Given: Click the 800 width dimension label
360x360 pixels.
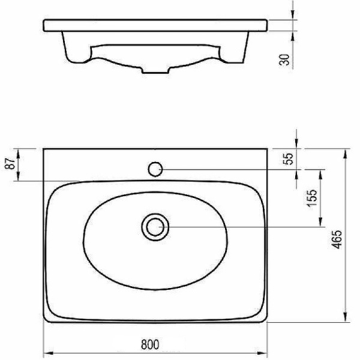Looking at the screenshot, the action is point(149,344).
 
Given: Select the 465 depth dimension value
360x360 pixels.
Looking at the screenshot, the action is point(337,239).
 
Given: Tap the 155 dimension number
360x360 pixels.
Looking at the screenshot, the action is point(312,199).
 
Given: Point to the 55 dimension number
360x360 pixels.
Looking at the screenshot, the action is point(288,159).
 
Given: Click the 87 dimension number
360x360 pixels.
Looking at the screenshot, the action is point(11,163).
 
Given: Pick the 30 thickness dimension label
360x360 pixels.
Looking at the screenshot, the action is point(284,59).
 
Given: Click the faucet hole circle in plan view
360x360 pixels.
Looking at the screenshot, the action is point(155,169).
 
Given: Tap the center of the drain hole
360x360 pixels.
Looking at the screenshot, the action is point(155,227).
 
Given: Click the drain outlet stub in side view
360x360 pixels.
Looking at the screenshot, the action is point(155,70).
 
